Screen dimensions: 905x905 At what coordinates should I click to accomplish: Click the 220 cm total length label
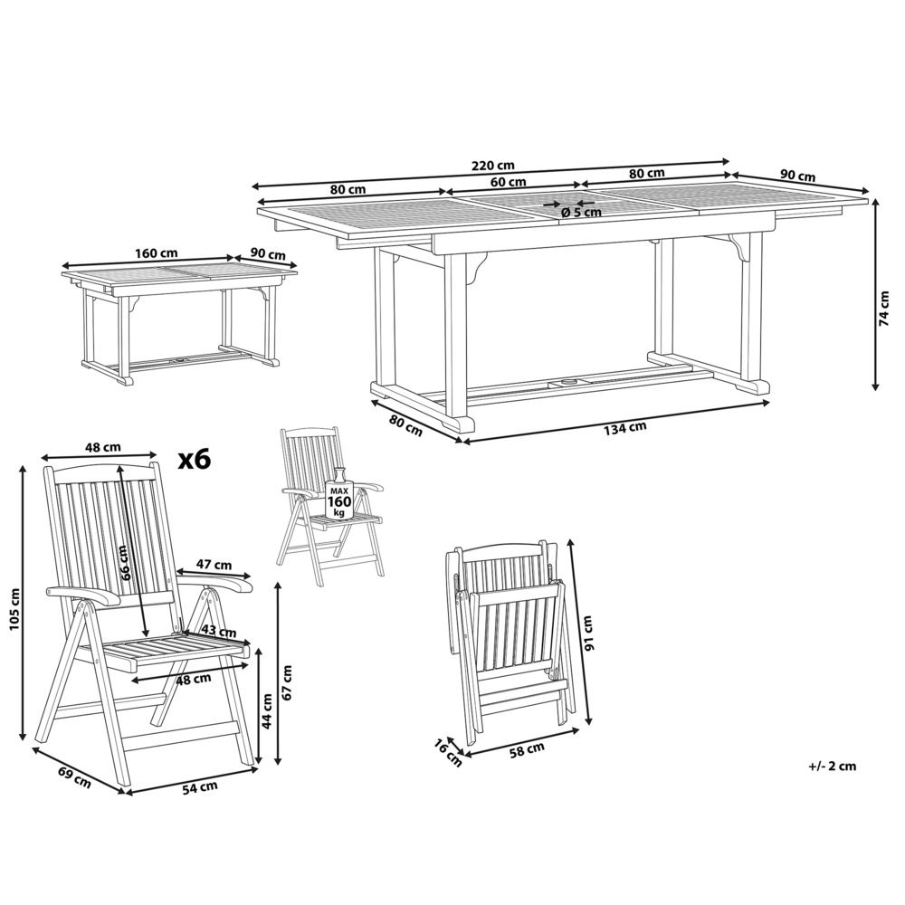[x=492, y=165]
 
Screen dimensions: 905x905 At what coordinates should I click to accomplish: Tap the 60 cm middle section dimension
[x=509, y=181]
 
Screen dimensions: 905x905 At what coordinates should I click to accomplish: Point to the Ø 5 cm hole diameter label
[x=581, y=212]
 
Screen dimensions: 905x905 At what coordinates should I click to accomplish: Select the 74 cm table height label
[x=884, y=308]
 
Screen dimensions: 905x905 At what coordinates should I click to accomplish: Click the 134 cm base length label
[x=624, y=428]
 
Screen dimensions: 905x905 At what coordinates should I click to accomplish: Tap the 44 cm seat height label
[x=267, y=704]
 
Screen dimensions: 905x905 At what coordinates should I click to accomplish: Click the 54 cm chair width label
[x=200, y=786]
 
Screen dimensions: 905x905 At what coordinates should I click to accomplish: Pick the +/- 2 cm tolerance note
[x=832, y=766]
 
